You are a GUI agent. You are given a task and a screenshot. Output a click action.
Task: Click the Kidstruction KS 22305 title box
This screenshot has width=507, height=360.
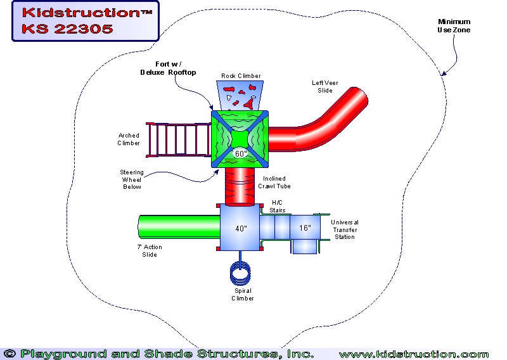[x=85, y=21]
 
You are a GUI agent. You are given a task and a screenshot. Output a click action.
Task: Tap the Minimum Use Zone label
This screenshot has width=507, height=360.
[x=454, y=26]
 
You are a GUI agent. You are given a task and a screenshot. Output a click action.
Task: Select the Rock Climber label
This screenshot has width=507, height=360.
[x=241, y=76]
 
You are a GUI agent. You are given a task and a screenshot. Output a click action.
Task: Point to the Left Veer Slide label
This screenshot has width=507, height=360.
[x=326, y=86]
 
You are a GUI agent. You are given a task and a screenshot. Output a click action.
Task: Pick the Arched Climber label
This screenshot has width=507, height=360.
[x=129, y=139]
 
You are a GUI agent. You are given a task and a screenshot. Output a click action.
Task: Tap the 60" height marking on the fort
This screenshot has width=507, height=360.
[x=241, y=153]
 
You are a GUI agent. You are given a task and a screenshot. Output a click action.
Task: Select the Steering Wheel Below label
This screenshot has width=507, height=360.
[x=132, y=179]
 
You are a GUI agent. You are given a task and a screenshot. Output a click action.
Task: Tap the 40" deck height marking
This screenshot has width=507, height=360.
[x=241, y=229]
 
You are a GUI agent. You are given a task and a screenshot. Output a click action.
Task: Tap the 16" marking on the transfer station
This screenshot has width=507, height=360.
[x=305, y=228]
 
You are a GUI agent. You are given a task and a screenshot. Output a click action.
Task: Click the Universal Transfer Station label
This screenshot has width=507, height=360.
[x=345, y=229]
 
